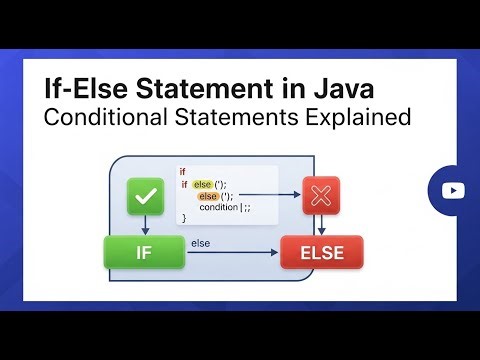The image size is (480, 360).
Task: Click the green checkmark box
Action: [145, 198]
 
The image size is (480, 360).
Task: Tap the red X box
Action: [322, 196]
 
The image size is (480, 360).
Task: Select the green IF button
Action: [144, 252]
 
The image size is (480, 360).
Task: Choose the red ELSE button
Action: [322, 253]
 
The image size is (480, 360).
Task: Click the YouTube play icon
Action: [453, 190]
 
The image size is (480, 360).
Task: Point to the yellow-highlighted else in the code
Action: [203, 184]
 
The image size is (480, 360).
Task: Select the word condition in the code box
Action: [219, 207]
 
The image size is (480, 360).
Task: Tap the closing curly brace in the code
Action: [183, 218]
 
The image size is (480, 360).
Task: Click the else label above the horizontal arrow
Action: [200, 242]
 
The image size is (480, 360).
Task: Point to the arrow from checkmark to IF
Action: [145, 225]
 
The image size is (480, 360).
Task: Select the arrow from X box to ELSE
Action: [322, 225]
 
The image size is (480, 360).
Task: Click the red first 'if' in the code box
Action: [183, 172]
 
